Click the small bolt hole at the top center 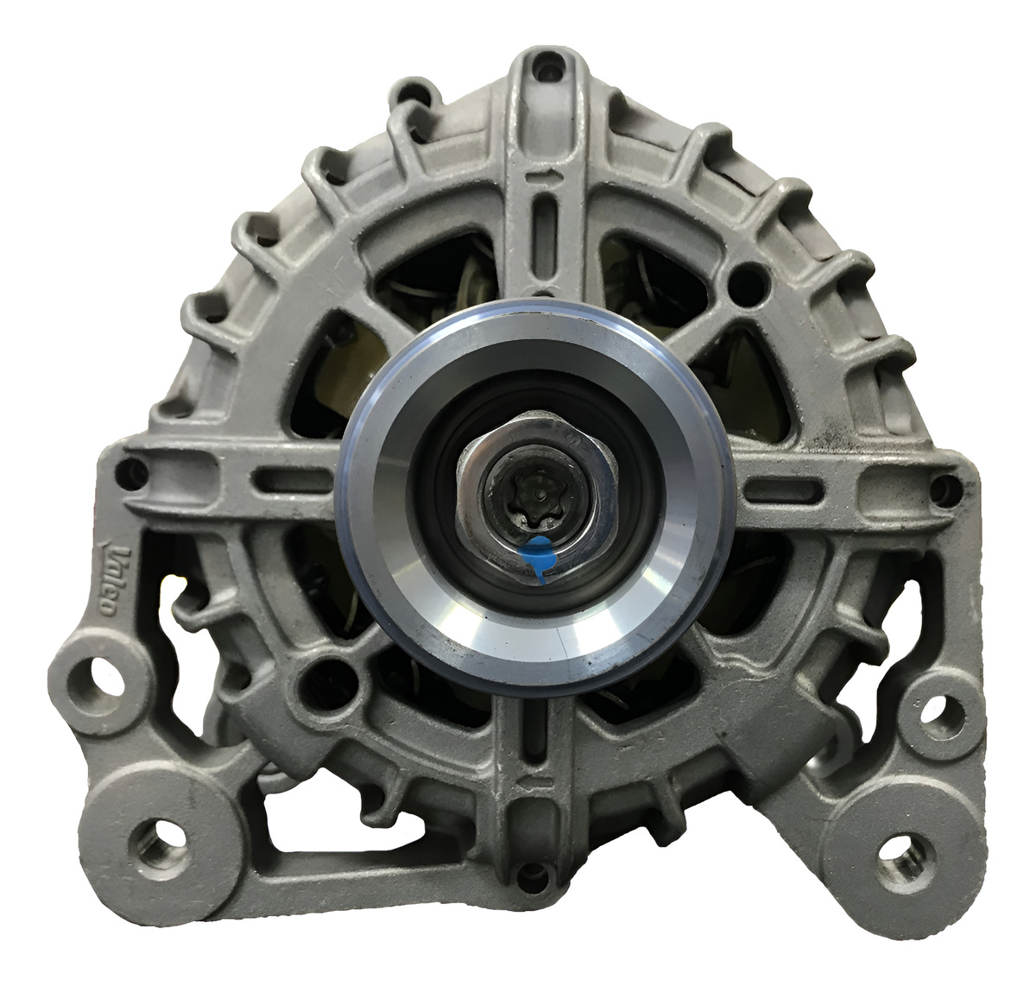[548, 68]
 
